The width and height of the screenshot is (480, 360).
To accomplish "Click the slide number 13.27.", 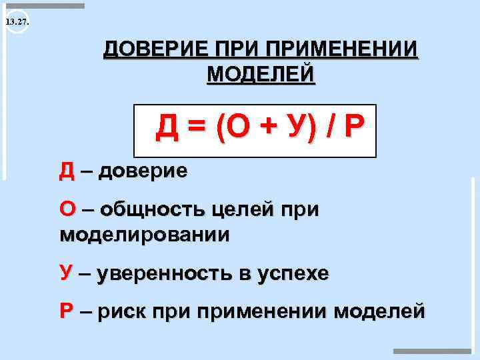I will click(15, 23).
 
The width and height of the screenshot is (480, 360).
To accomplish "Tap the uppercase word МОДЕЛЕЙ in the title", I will click(261, 73).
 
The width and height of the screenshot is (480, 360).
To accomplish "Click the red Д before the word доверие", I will click(67, 172).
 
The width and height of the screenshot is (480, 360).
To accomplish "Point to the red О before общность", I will click(67, 210).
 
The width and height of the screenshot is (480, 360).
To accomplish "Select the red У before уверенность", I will click(66, 273).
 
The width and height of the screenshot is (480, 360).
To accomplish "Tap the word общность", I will click(151, 210).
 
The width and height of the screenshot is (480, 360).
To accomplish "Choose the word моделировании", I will click(145, 235).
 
